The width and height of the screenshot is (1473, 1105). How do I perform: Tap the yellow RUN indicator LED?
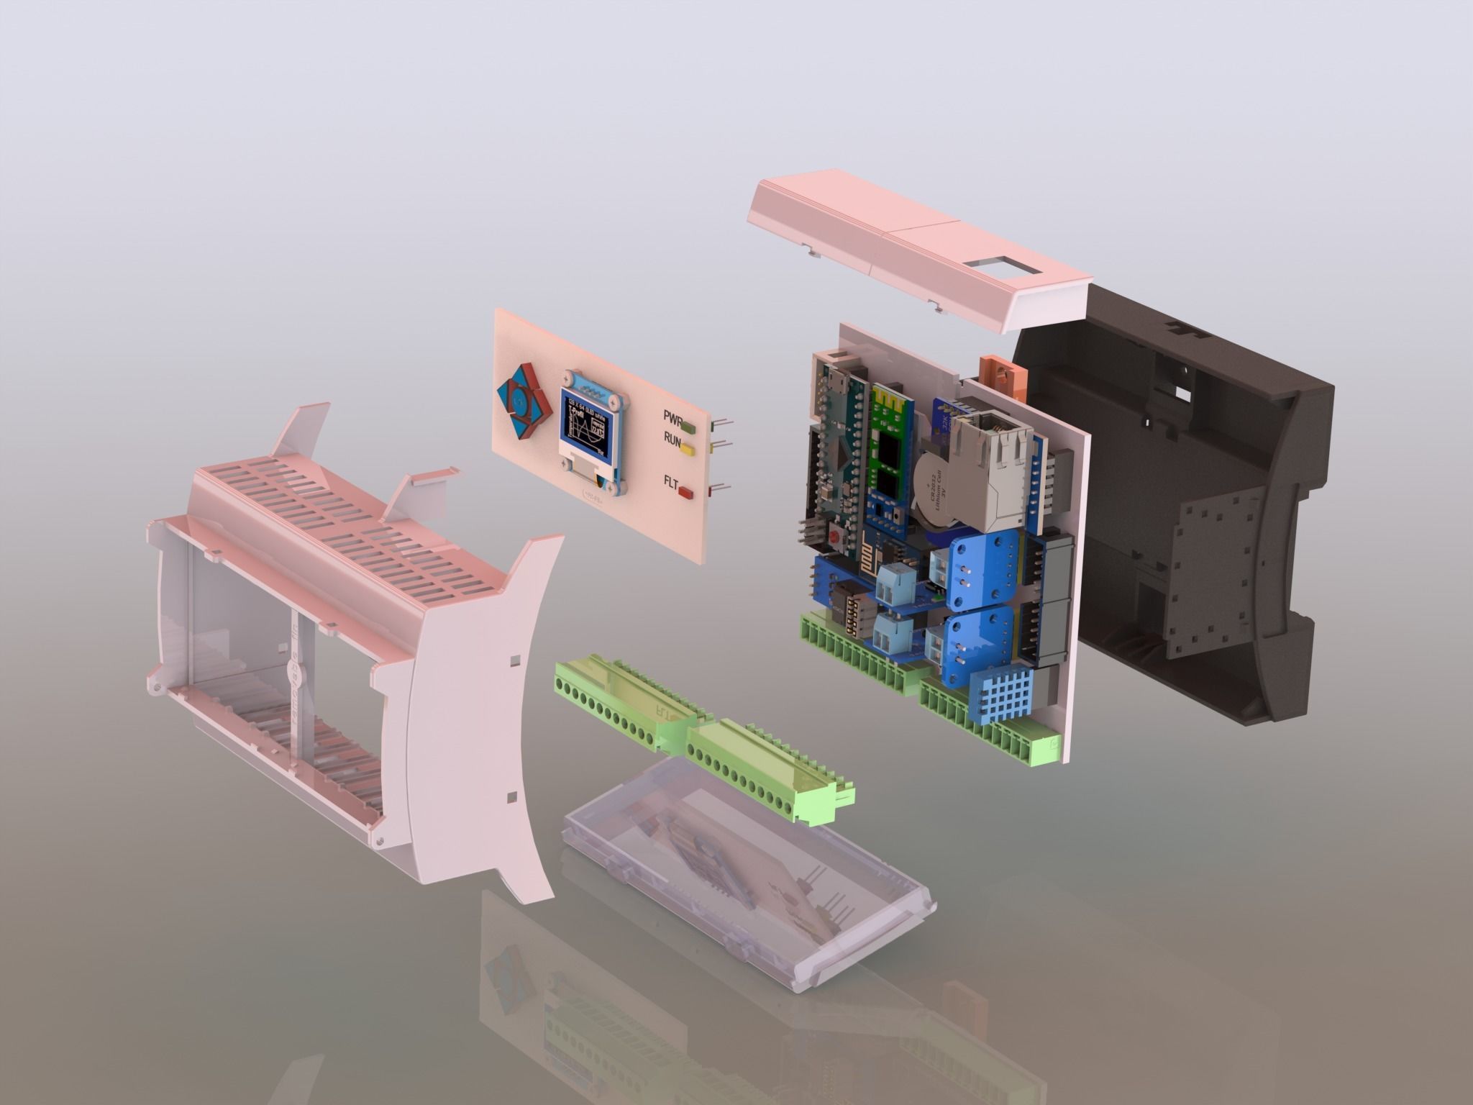point(688,451)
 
